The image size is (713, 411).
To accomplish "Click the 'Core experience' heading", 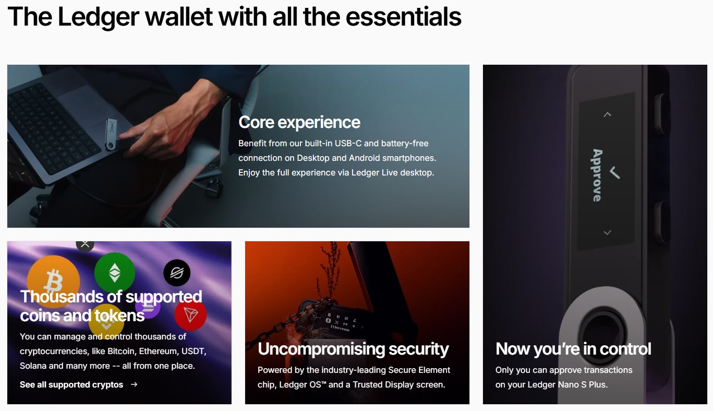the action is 299,123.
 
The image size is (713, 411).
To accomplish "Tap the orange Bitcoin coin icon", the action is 53,277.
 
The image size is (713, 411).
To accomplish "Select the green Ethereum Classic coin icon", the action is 115,273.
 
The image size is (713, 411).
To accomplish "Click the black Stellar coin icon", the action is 177,273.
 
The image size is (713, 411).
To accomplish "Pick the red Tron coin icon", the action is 190,315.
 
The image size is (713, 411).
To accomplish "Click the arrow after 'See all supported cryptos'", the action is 135,384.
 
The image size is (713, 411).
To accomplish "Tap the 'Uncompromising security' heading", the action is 353,349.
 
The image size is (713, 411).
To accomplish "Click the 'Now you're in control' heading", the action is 573,349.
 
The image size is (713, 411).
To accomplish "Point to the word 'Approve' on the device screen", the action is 597,175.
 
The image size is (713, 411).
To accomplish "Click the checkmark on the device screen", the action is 614,173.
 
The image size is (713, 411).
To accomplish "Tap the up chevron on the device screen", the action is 607,114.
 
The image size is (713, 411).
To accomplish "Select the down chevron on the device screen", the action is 607,232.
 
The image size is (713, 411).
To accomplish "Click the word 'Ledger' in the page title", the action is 99,17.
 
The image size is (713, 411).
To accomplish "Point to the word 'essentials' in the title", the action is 403,17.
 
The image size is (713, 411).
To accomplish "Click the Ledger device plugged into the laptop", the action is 111,134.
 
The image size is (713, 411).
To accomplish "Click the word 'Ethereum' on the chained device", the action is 340,328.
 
